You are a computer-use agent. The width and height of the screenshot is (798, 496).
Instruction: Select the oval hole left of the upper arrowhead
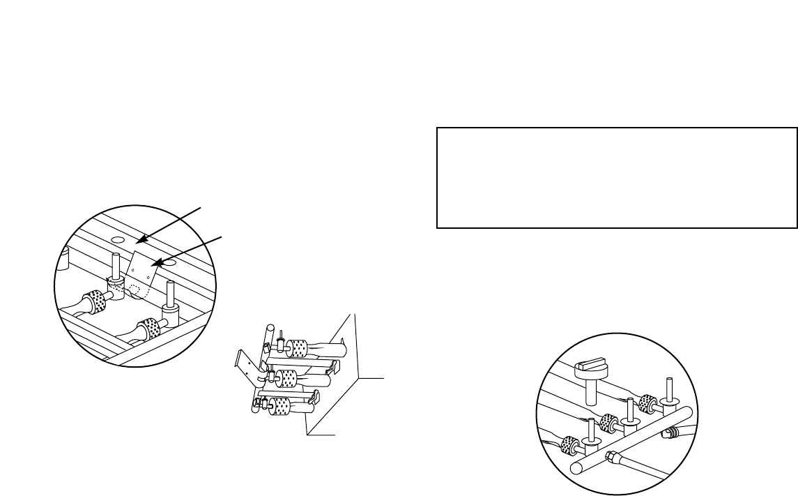pos(118,239)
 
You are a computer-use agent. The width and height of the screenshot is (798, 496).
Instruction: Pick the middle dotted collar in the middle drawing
pos(286,378)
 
